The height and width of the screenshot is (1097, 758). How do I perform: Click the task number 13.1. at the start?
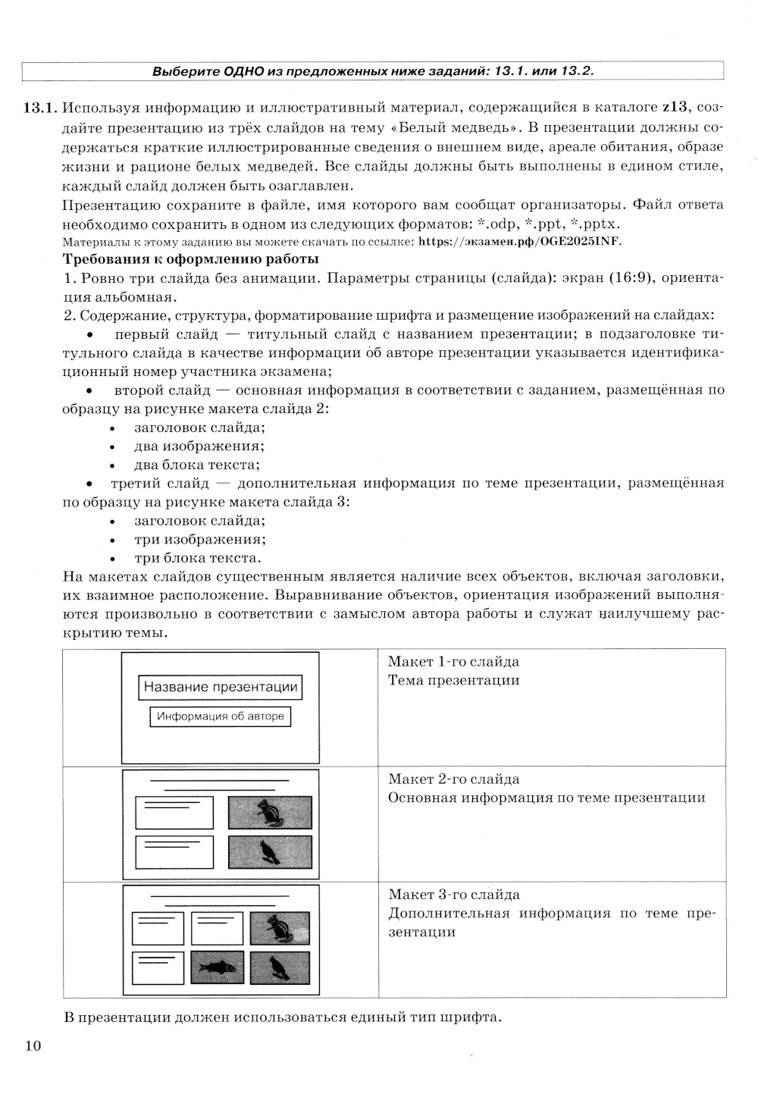pyautogui.click(x=39, y=107)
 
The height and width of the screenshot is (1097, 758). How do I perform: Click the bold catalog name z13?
pyautogui.click(x=674, y=107)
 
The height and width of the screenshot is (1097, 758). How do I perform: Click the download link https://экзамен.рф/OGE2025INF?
pyautogui.click(x=524, y=242)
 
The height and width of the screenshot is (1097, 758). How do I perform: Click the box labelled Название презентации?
pyautogui.click(x=221, y=688)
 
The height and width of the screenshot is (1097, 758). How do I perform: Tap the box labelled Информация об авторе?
pyautogui.click(x=221, y=716)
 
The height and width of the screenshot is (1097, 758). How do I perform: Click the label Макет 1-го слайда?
pyautogui.click(x=453, y=662)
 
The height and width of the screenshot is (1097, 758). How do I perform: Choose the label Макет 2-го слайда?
pyautogui.click(x=453, y=779)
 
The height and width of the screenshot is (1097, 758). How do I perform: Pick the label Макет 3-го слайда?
pyautogui.click(x=453, y=895)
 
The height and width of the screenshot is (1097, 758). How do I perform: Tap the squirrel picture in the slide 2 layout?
pyautogui.click(x=270, y=813)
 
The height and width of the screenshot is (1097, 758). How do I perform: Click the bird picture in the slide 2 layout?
pyautogui.click(x=270, y=851)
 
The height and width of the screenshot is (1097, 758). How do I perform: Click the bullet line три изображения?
pyautogui.click(x=199, y=540)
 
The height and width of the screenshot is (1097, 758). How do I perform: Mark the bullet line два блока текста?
pyautogui.click(x=196, y=465)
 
